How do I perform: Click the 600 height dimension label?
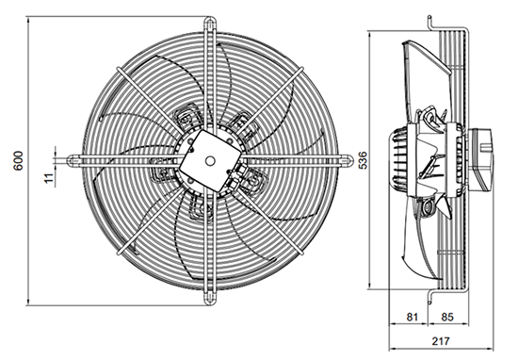pyautogui.click(x=18, y=160)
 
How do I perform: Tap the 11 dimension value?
pyautogui.click(x=49, y=178)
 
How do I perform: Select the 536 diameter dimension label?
pyautogui.click(x=363, y=160)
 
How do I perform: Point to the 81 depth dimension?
pyautogui.click(x=412, y=317)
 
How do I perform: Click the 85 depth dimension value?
pyautogui.click(x=447, y=317)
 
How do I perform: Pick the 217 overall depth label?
pyautogui.click(x=441, y=341)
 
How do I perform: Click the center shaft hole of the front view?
pyautogui.click(x=209, y=161)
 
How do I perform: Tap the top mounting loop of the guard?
pyautogui.click(x=210, y=24)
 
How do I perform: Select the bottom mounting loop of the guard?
pyautogui.click(x=210, y=298)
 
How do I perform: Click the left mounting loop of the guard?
pyautogui.click(x=74, y=160)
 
